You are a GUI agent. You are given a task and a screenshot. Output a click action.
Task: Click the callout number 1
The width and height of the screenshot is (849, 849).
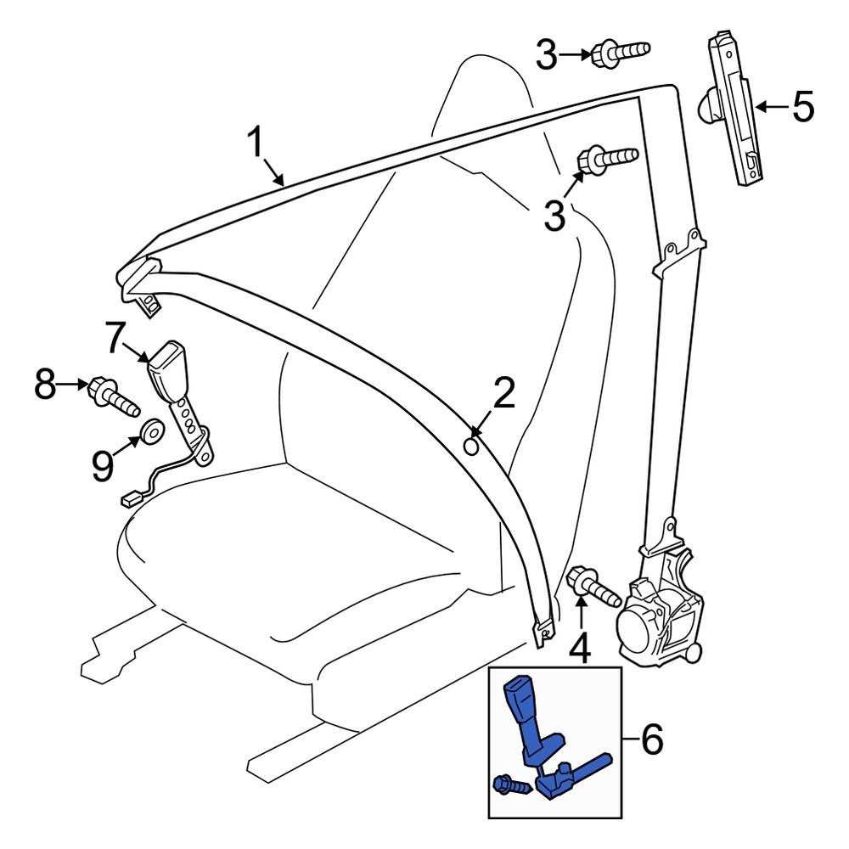(x=256, y=143)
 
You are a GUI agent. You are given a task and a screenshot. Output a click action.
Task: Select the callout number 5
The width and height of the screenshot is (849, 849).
(x=801, y=107)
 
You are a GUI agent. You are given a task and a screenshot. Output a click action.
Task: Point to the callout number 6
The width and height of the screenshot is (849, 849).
(x=650, y=741)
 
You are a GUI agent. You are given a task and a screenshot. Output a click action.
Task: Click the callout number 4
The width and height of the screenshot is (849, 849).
(x=579, y=649)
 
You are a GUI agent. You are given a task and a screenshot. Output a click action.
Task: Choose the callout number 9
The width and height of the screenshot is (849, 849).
(x=103, y=466)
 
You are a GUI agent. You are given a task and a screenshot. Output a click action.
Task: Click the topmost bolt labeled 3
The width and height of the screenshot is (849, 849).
(x=621, y=52)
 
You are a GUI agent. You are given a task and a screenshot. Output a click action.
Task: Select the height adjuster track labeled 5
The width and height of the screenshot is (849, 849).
(x=733, y=109)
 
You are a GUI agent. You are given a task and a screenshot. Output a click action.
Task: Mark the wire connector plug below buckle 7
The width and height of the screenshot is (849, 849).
(x=130, y=501)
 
